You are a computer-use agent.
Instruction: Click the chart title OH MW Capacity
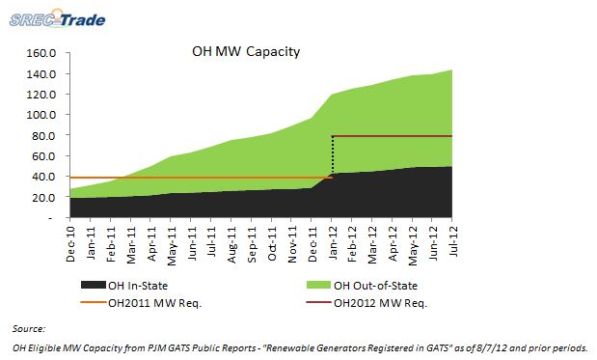pos(246,51)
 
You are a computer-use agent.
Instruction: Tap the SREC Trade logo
pos(58,18)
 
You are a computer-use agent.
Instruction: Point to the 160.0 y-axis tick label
pos(41,53)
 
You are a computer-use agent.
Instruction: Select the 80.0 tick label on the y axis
pos(44,136)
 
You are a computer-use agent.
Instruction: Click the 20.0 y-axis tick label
pos(44,198)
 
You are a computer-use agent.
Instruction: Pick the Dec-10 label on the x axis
pos(70,243)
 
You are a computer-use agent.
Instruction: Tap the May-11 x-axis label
pos(172,246)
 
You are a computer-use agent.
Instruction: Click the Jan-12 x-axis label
pos(333,243)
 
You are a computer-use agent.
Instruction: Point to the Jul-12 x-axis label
pos(453,241)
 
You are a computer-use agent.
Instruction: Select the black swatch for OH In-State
pos(94,285)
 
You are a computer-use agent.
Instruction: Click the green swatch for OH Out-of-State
pos(318,285)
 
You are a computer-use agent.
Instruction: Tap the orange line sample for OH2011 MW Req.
pos(94,302)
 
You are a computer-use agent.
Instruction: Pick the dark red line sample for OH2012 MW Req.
pos(318,302)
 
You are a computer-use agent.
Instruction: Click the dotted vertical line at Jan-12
pos(333,155)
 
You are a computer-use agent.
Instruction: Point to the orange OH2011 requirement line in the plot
pos(202,178)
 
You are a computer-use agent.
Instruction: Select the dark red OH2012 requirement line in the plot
pos(393,136)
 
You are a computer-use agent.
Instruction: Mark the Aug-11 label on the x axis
pos(231,244)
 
